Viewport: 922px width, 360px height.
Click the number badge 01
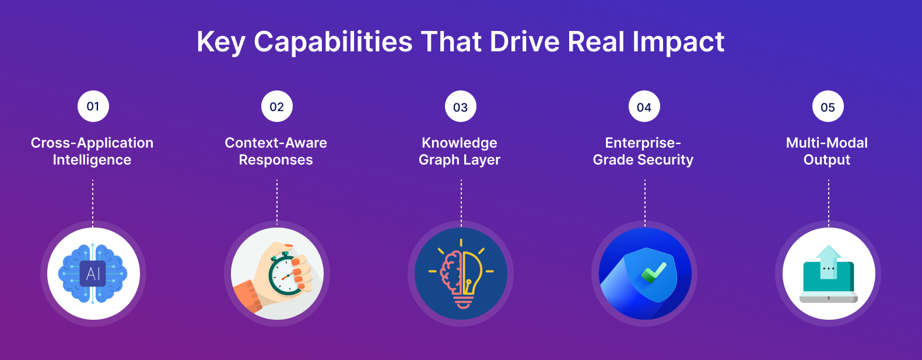93,106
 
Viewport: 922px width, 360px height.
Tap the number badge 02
277,107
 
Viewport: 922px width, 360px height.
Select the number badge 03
461,107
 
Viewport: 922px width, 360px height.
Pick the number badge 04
644,107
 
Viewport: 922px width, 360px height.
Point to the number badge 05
828,107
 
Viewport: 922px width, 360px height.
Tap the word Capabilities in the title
333,42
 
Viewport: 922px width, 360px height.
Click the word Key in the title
220,42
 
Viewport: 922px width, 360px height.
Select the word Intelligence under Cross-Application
92,160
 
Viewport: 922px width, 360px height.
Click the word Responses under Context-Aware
276,160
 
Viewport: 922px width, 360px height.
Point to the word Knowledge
460,143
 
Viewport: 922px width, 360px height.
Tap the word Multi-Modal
827,143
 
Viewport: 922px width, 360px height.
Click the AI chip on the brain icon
93,274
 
